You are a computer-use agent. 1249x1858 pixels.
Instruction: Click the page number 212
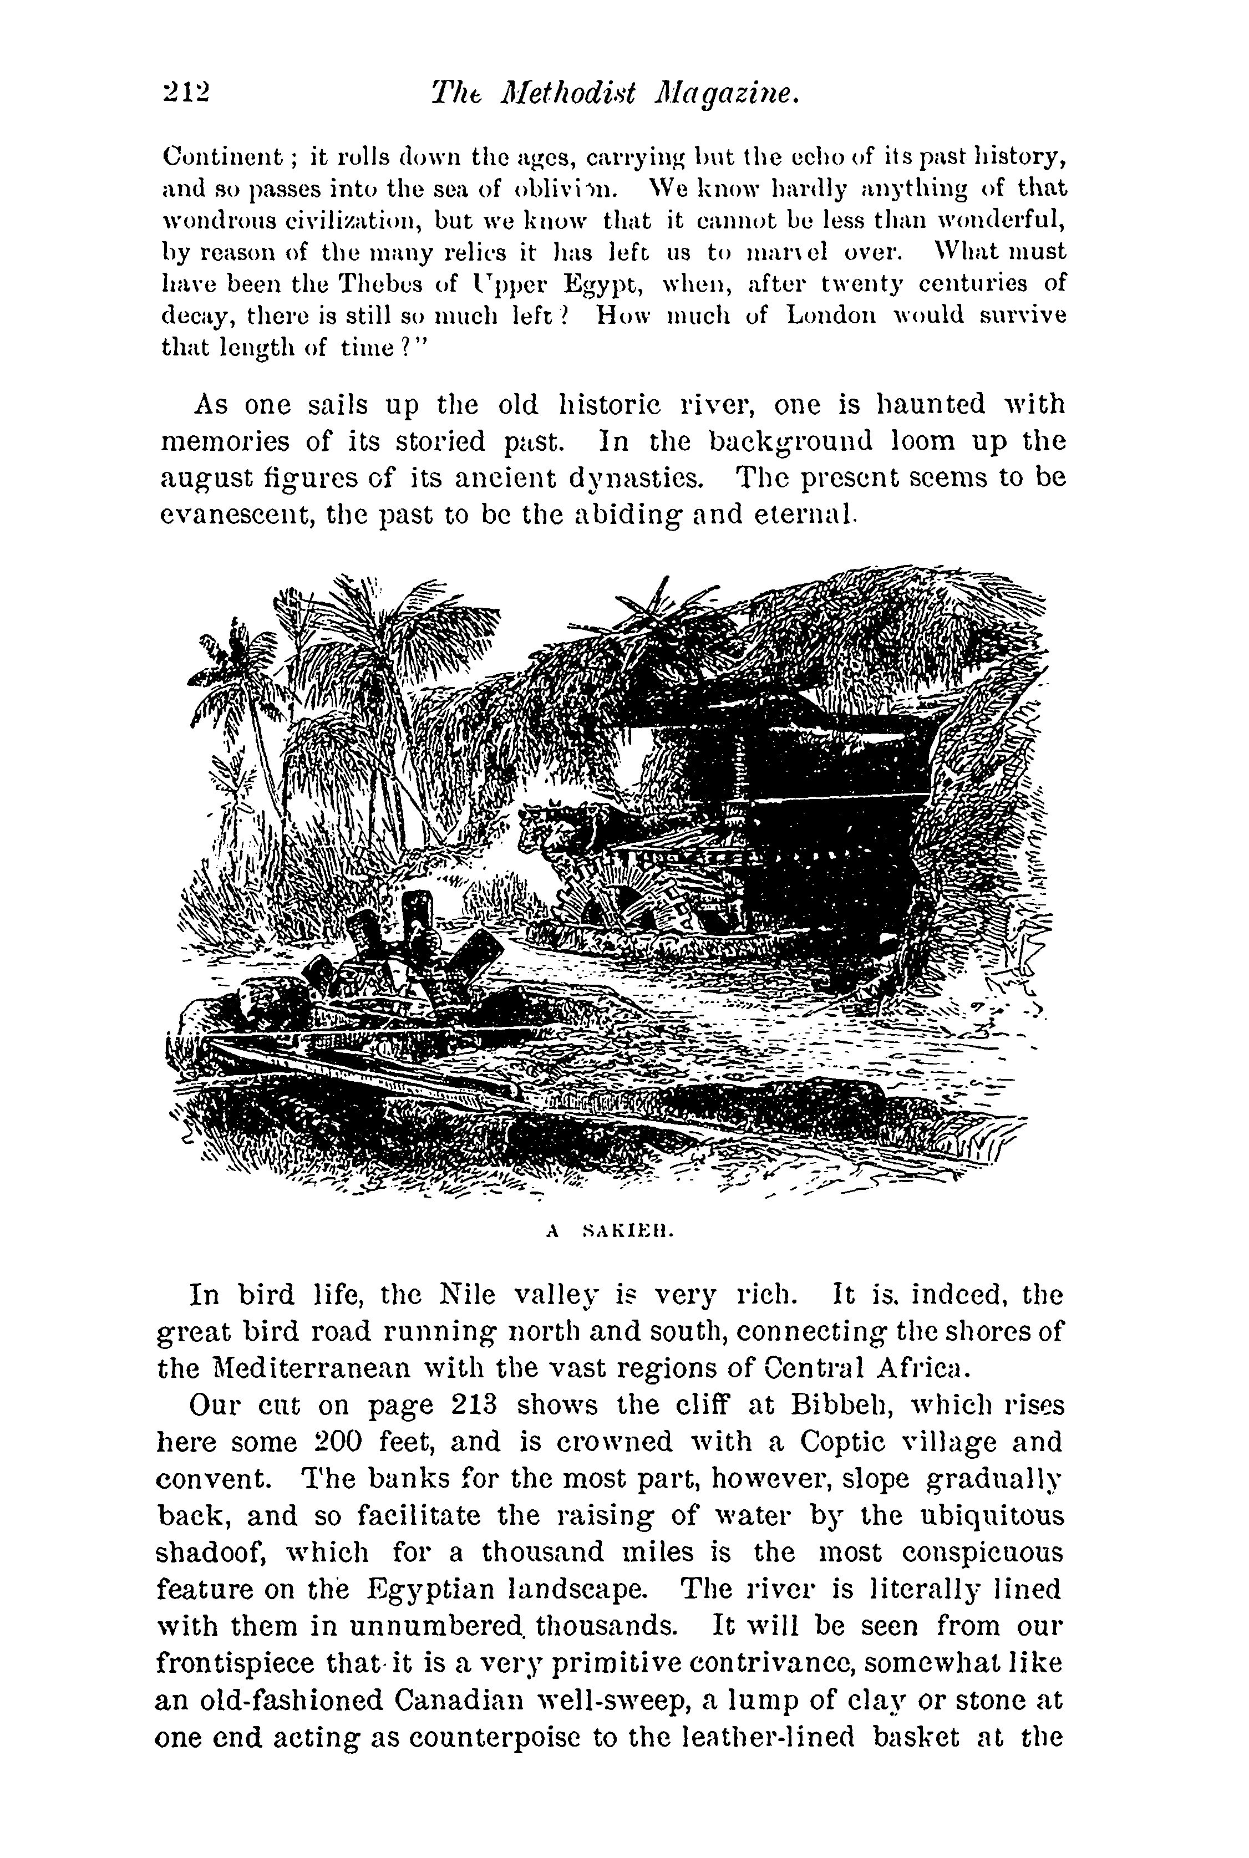185,93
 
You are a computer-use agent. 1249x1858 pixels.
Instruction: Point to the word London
831,315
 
